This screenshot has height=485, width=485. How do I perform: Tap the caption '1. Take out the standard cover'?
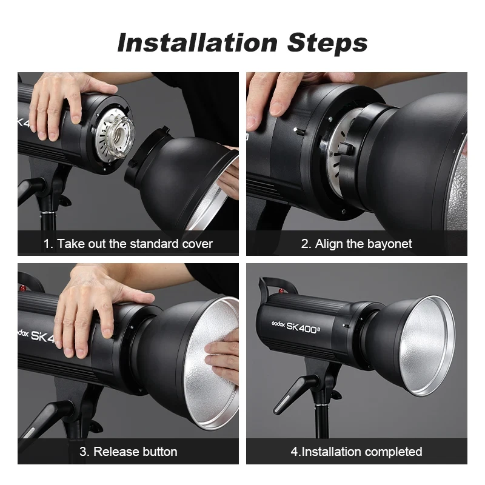(128, 244)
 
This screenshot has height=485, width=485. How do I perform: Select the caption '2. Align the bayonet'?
(356, 244)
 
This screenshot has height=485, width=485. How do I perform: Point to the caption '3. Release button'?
(128, 452)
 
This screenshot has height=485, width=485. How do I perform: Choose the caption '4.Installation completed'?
(356, 452)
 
